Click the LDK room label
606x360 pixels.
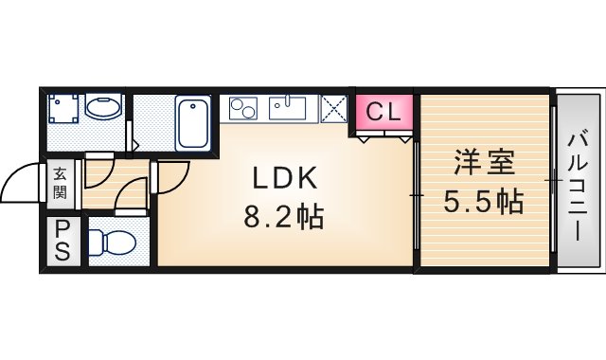285,178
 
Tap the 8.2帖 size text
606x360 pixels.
283,217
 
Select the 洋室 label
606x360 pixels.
485,162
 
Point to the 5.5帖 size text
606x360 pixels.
483,201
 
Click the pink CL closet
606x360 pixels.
384,112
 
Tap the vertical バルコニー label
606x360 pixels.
578,188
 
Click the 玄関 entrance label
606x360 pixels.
60,183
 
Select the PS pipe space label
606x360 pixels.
62,241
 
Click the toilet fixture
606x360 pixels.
112,243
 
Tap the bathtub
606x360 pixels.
193,122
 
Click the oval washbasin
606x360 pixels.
103,108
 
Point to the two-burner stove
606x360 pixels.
243,108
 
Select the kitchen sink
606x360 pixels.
288,108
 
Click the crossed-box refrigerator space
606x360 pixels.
333,109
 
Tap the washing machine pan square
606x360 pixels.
63,108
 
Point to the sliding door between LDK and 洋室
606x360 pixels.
417,196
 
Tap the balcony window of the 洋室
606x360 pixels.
553,180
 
